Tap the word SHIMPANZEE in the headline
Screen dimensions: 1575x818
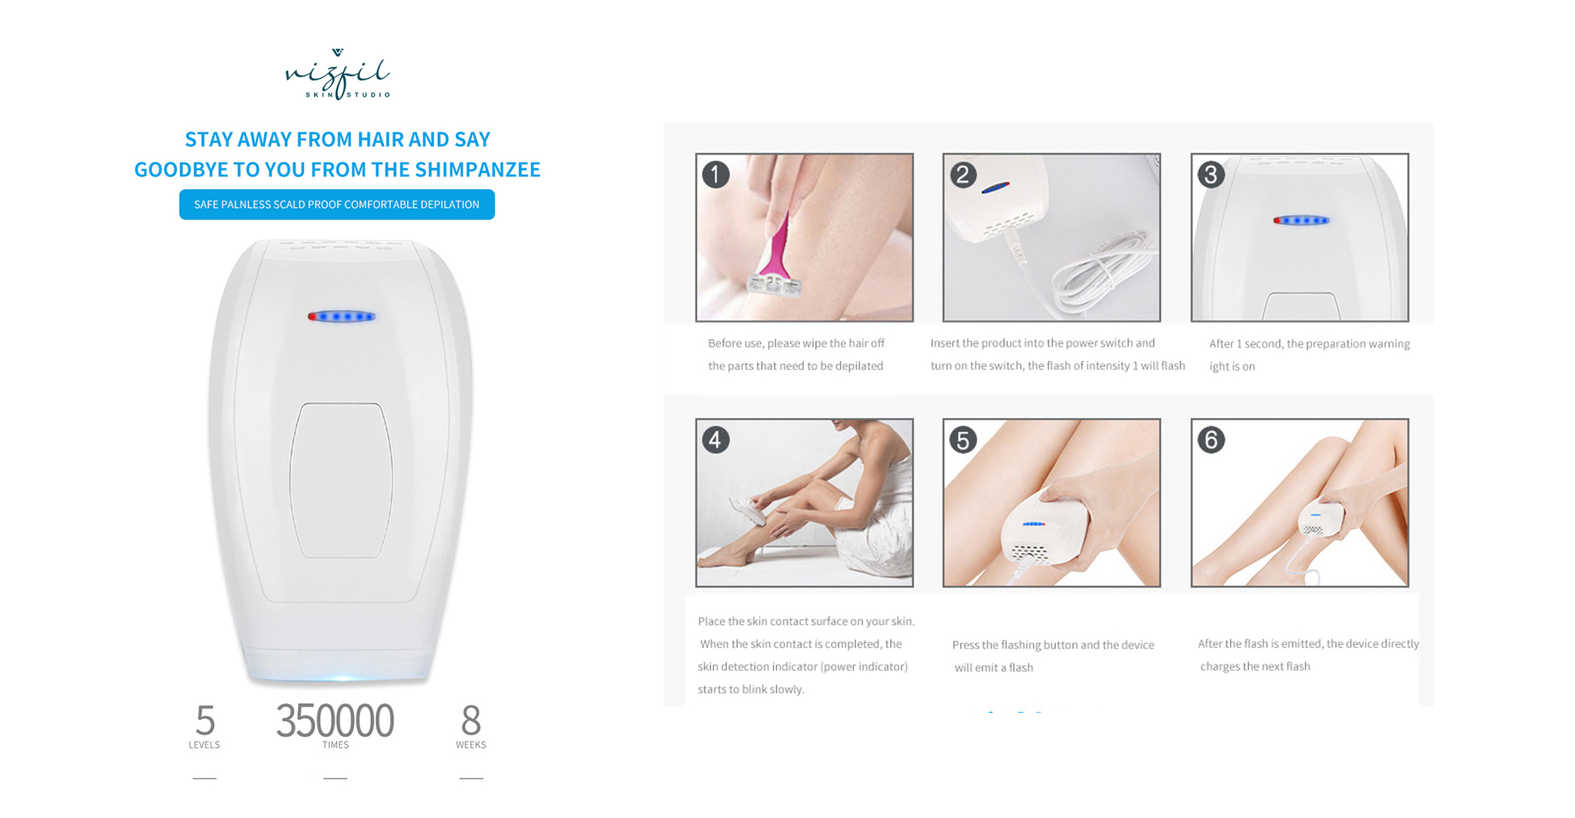pos(478,170)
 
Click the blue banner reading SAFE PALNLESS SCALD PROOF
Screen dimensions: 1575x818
pos(337,204)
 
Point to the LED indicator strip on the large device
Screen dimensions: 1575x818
pos(341,317)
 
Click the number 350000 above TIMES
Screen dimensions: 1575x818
pos(334,720)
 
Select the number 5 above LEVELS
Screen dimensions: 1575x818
pos(205,720)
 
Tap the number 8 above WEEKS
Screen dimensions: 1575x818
pos(471,720)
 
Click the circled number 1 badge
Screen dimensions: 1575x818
pos(715,175)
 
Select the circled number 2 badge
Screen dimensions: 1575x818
pos(963,175)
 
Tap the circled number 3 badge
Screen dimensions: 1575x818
pos(1211,175)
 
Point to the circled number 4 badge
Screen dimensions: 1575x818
pos(715,440)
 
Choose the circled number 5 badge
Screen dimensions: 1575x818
pos(963,440)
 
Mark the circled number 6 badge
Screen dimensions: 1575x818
pos(1211,440)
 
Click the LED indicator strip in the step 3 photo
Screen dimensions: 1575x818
pos(1301,221)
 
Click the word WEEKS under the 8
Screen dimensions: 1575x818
pos(471,745)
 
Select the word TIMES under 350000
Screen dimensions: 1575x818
pos(335,745)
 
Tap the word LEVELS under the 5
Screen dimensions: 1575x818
pos(204,745)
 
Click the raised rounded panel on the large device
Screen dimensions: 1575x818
pos(341,480)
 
